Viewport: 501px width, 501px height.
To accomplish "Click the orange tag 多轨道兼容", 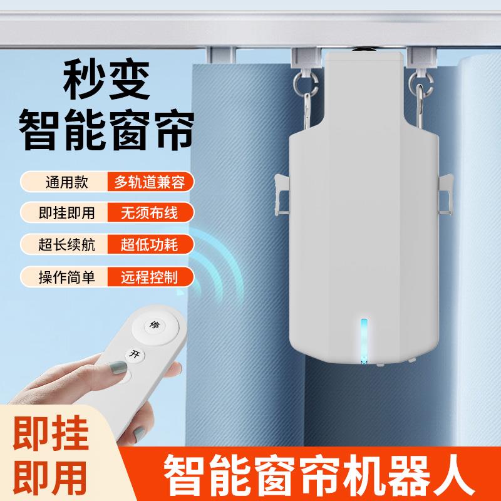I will click(150, 182).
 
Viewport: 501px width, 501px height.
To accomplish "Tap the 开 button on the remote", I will click(133, 353).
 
